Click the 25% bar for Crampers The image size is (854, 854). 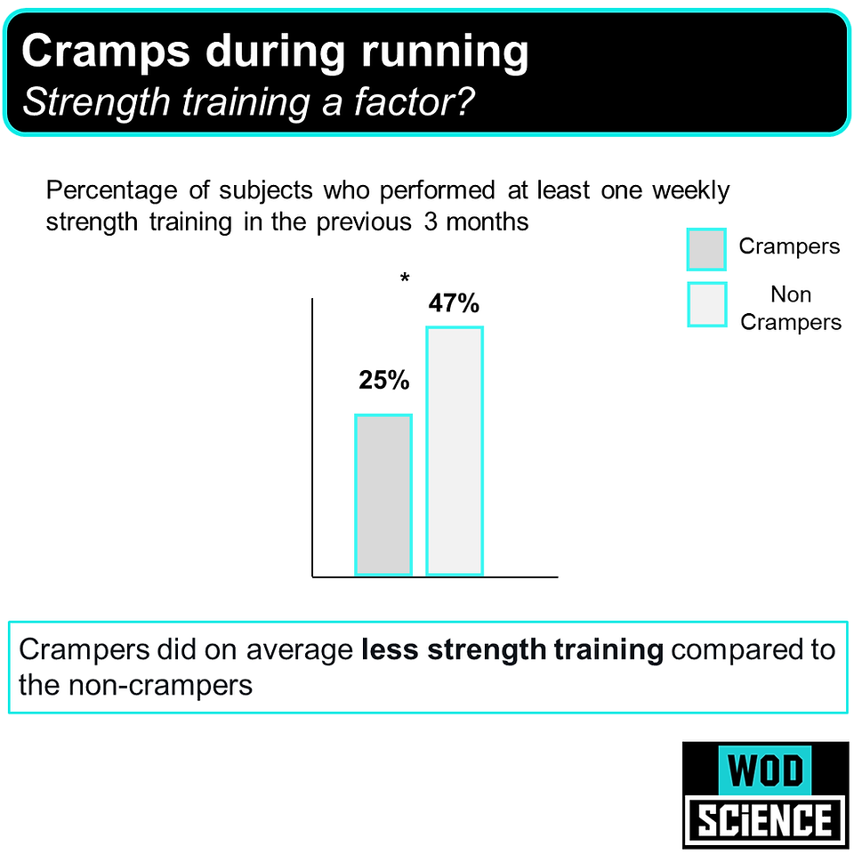383,495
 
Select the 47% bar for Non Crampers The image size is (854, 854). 455,450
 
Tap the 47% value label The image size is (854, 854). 454,303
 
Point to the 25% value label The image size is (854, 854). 384,380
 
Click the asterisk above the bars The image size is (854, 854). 405,278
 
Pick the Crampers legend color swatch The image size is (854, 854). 706,249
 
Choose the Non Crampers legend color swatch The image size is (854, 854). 707,304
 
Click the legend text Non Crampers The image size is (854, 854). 791,309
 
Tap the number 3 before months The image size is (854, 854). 431,222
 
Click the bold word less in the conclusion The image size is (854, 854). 390,649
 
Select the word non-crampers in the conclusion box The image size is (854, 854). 161,685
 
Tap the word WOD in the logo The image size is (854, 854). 765,770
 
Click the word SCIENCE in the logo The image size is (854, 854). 765,821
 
